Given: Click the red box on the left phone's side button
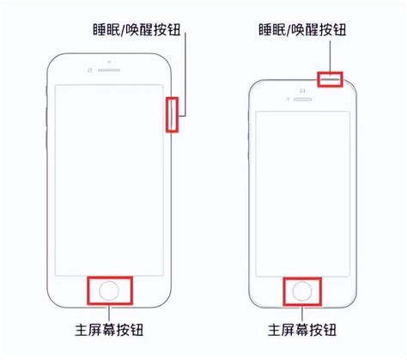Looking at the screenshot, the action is (x=167, y=114).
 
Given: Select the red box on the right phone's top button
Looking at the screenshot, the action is (x=330, y=73).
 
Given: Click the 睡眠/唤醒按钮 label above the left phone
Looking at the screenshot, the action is (x=137, y=29).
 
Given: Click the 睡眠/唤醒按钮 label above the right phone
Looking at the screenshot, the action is (x=302, y=29).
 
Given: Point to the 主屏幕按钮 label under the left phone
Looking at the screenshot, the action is (x=109, y=330).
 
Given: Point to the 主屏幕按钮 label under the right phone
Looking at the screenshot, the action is (x=302, y=330).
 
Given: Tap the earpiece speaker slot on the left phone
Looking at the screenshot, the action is (x=109, y=70).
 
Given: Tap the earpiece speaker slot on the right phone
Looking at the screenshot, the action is (x=302, y=99).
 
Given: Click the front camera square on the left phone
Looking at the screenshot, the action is (x=90, y=70).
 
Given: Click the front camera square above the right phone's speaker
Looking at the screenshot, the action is (x=302, y=91).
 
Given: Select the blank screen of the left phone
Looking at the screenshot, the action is (x=109, y=180).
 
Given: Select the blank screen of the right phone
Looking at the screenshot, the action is (x=302, y=193).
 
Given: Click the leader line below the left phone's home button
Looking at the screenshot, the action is (x=109, y=314).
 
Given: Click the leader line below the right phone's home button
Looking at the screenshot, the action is (x=302, y=314).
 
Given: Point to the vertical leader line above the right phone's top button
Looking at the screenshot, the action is (x=330, y=56).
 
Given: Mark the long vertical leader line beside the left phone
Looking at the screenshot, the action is (x=185, y=74).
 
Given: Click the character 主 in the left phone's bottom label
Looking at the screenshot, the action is (x=82, y=330).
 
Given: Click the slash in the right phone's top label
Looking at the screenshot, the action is (x=289, y=30).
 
